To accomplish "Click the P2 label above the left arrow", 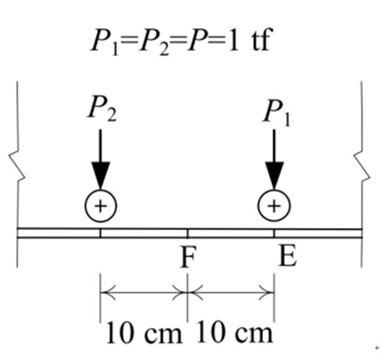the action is pyautogui.click(x=102, y=109).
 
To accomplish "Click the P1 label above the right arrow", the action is pyautogui.click(x=276, y=114).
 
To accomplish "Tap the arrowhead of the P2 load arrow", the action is pyautogui.click(x=101, y=175).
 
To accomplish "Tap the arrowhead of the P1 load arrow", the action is pyautogui.click(x=275, y=175).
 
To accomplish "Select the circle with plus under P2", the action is pyautogui.click(x=101, y=206).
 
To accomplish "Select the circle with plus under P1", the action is pyautogui.click(x=275, y=206).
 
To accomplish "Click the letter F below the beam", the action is pyautogui.click(x=189, y=256).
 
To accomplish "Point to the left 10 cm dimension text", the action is pyautogui.click(x=144, y=332).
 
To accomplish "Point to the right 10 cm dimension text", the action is pyautogui.click(x=235, y=332).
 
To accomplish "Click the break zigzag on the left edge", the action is pyautogui.click(x=18, y=166).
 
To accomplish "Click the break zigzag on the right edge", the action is pyautogui.click(x=362, y=166).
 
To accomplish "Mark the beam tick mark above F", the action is pyautogui.click(x=187, y=233).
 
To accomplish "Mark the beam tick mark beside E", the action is pyautogui.click(x=274, y=233).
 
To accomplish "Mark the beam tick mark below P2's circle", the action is pyautogui.click(x=100, y=233).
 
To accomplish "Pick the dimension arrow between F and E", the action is pyautogui.click(x=231, y=292).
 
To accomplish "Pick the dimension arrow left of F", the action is pyautogui.click(x=144, y=292).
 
